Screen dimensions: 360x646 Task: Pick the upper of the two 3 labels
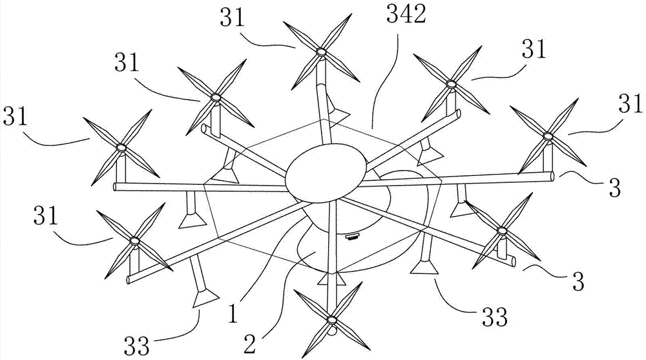tap(614, 187)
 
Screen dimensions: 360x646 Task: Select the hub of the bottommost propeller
tap(331, 320)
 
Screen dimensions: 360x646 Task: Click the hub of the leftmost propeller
tap(121, 148)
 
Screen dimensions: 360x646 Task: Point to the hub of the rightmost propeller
tap(548, 136)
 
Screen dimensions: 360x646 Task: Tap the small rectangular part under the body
tap(353, 237)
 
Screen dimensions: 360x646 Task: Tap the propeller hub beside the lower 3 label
tap(502, 230)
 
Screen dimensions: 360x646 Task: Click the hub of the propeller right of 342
tap(450, 84)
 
